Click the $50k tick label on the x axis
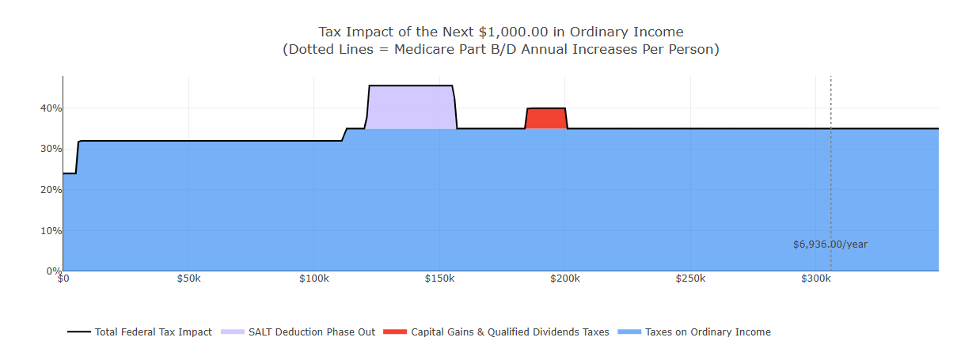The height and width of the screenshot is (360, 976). click(188, 279)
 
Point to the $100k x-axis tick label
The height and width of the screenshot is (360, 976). click(313, 279)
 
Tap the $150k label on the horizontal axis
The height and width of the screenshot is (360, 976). click(439, 279)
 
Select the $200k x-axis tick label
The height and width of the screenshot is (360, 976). click(564, 279)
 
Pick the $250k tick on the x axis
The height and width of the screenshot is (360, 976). click(690, 279)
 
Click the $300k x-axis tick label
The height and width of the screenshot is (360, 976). click(815, 279)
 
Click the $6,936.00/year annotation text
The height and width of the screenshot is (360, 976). click(830, 244)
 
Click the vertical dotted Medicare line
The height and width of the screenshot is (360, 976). click(830, 158)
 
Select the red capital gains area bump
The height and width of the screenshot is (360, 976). click(546, 118)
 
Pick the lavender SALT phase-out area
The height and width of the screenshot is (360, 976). click(410, 107)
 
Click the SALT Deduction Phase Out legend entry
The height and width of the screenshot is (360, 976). click(311, 332)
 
